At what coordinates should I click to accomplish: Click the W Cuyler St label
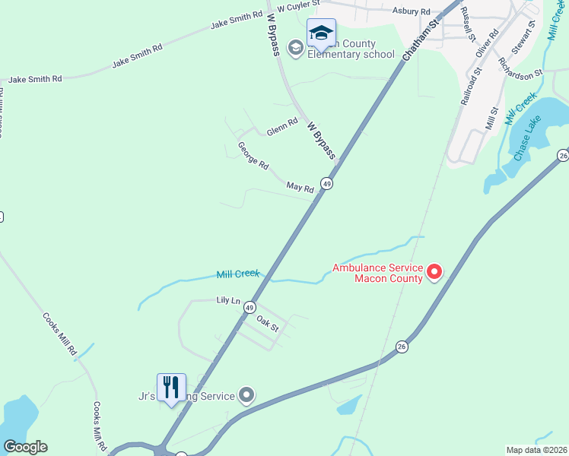(x=297, y=8)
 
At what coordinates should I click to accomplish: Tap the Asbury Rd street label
(x=412, y=11)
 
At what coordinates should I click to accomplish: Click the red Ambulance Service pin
(x=434, y=271)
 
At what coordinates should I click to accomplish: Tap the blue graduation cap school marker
(x=321, y=33)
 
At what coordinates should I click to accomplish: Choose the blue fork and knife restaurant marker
(x=171, y=387)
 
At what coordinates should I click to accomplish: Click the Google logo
(x=25, y=447)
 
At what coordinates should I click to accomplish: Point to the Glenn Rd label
(x=282, y=127)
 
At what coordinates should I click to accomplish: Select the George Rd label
(x=253, y=156)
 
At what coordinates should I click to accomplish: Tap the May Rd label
(x=300, y=186)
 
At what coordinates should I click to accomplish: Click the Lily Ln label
(x=228, y=301)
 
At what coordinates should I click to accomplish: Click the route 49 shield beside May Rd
(x=326, y=183)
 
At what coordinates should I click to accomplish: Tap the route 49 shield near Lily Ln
(x=250, y=306)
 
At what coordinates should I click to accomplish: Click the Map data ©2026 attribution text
(x=536, y=450)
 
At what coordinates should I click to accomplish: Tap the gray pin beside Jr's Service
(x=246, y=394)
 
